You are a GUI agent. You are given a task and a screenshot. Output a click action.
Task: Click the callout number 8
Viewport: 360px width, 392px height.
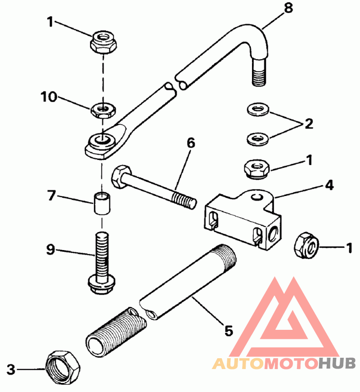click(288, 8)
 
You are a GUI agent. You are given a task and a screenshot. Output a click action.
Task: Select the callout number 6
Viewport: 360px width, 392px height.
click(190, 143)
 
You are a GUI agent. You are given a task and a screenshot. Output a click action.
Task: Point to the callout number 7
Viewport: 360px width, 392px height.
click(52, 196)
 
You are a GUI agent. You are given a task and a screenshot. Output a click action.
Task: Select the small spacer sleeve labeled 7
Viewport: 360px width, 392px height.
click(101, 205)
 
